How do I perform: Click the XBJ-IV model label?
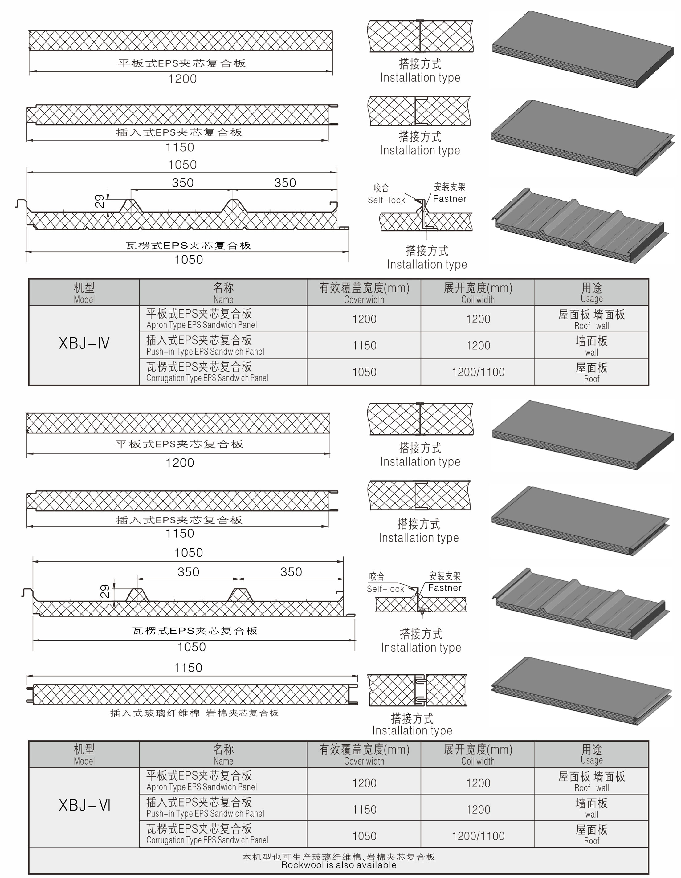[x=84, y=343]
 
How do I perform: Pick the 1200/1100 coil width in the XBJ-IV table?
[x=478, y=372]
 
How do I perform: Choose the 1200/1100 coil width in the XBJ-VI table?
[x=478, y=836]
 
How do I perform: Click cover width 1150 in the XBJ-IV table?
[x=364, y=345]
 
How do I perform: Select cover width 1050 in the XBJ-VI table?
[x=364, y=836]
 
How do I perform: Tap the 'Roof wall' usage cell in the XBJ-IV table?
[x=591, y=319]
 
